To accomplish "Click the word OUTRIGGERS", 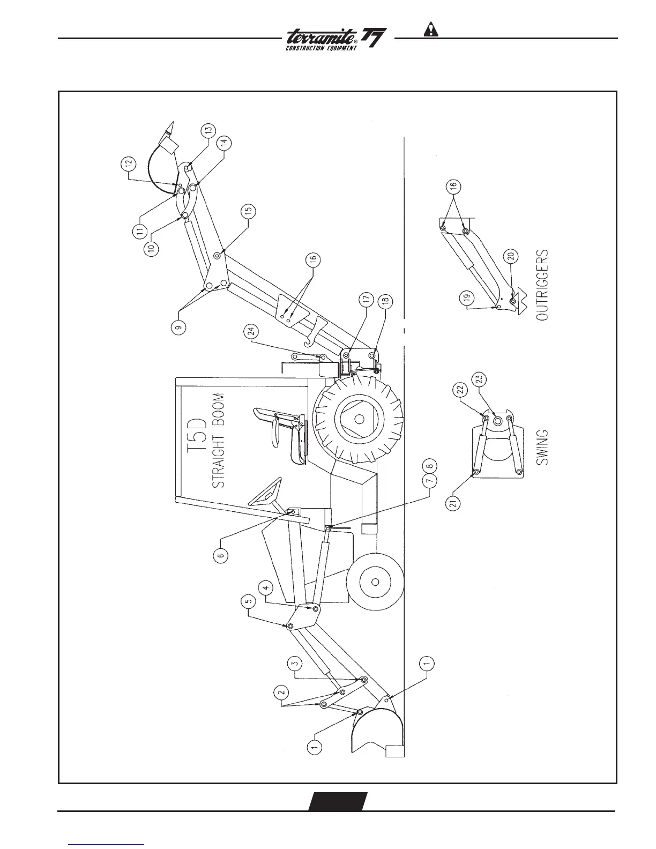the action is (x=542, y=285).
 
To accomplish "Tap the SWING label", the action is (x=542, y=446).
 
